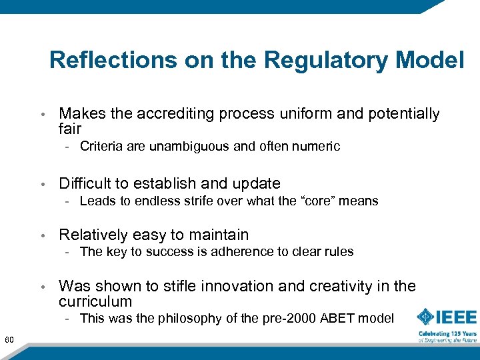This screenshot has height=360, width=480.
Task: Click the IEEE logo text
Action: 457,316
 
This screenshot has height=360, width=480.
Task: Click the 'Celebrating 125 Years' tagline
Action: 447,333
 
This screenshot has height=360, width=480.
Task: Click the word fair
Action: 70,129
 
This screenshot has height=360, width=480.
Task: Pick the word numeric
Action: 316,147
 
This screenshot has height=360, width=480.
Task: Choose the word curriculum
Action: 95,301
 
